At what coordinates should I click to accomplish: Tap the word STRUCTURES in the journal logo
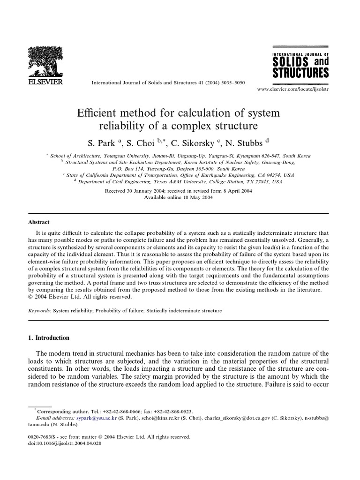point(300,73)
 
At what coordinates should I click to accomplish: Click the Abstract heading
point(39,222)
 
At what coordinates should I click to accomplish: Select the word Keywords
point(41,310)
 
